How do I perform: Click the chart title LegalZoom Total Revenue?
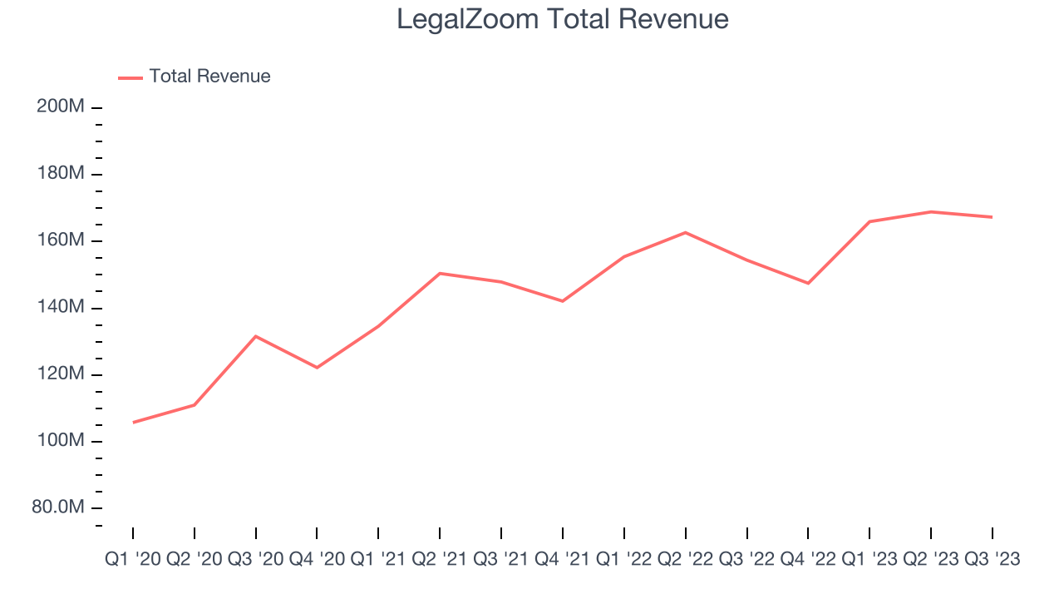click(562, 19)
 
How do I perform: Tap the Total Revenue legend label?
click(209, 77)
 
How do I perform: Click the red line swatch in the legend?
click(131, 77)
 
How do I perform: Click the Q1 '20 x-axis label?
click(133, 560)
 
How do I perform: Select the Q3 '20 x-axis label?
click(256, 560)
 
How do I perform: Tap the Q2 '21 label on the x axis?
click(440, 560)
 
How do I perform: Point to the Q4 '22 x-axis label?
click(808, 560)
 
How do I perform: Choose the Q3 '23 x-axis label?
click(992, 560)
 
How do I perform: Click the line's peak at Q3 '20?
click(256, 336)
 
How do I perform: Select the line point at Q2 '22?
click(686, 232)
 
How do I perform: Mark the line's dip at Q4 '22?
click(808, 283)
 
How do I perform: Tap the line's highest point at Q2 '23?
click(930, 211)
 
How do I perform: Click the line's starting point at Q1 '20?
click(133, 423)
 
